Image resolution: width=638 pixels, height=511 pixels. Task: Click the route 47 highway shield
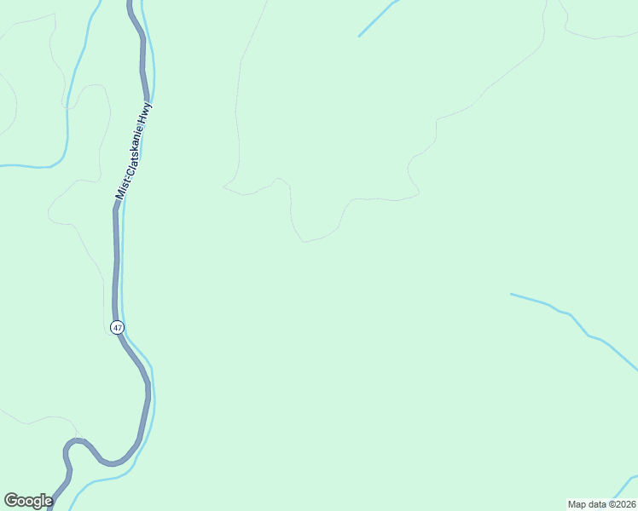pyautogui.click(x=117, y=327)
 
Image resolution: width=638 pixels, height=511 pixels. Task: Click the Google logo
pyautogui.click(x=28, y=501)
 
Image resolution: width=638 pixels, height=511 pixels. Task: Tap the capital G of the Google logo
pyautogui.click(x=10, y=501)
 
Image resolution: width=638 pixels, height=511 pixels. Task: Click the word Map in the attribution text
pyautogui.click(x=578, y=504)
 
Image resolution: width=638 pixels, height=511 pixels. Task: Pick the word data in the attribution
pyautogui.click(x=597, y=504)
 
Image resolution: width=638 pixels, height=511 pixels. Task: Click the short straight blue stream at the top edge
pyautogui.click(x=378, y=18)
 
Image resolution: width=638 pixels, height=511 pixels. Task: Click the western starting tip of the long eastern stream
pyautogui.click(x=512, y=295)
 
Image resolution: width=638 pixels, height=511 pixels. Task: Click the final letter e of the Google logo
pyautogui.click(x=48, y=502)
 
